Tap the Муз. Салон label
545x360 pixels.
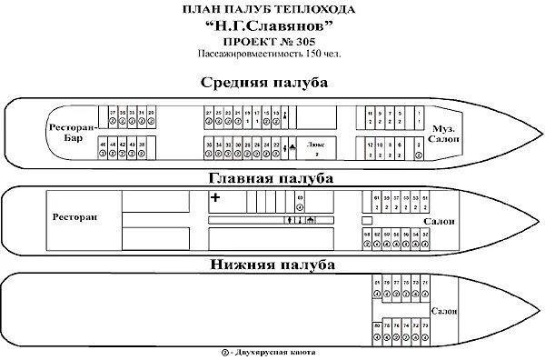tap(446, 133)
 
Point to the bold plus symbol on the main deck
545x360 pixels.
tap(215, 197)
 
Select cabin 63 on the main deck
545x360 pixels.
tap(299, 200)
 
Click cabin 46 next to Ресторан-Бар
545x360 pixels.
tap(102, 148)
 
